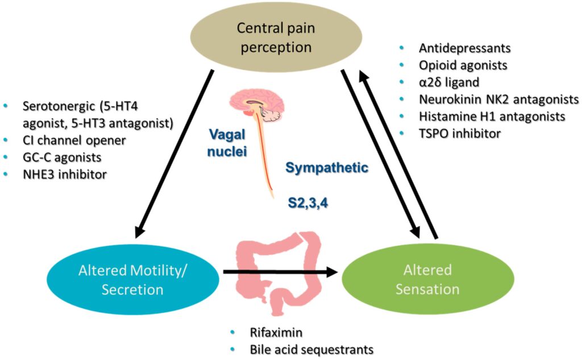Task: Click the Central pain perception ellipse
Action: point(276,36)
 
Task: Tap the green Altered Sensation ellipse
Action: point(427,280)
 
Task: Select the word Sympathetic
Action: point(327,168)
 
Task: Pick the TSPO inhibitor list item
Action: point(460,134)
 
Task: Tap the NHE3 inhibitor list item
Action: point(64,175)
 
